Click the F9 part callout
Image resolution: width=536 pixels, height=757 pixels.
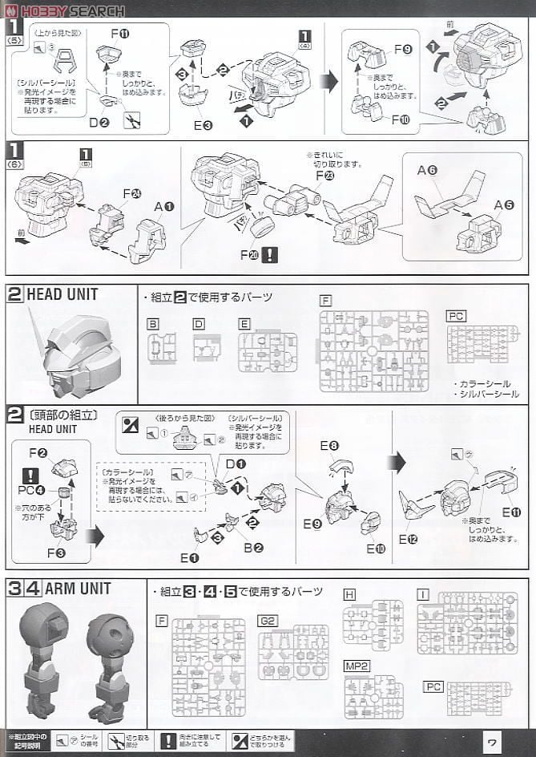click(402, 50)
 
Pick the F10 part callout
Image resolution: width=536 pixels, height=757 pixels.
click(402, 119)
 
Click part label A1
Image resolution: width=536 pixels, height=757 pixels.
click(164, 206)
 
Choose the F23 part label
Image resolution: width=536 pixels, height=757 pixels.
click(324, 175)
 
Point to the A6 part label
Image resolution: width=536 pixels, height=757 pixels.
click(425, 171)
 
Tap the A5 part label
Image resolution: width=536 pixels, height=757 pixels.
click(504, 204)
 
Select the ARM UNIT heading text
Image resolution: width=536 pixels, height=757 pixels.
click(78, 589)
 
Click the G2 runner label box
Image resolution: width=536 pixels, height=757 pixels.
click(267, 621)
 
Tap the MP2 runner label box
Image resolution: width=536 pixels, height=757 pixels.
click(356, 666)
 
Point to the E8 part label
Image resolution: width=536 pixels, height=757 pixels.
click(328, 446)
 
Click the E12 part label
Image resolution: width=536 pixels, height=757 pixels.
click(408, 539)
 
